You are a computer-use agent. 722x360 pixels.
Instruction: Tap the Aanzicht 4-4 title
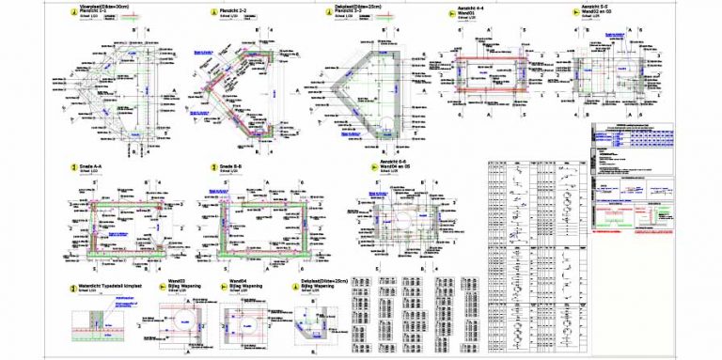click(472, 7)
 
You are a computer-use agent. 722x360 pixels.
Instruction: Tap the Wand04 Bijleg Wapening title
click(245, 284)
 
